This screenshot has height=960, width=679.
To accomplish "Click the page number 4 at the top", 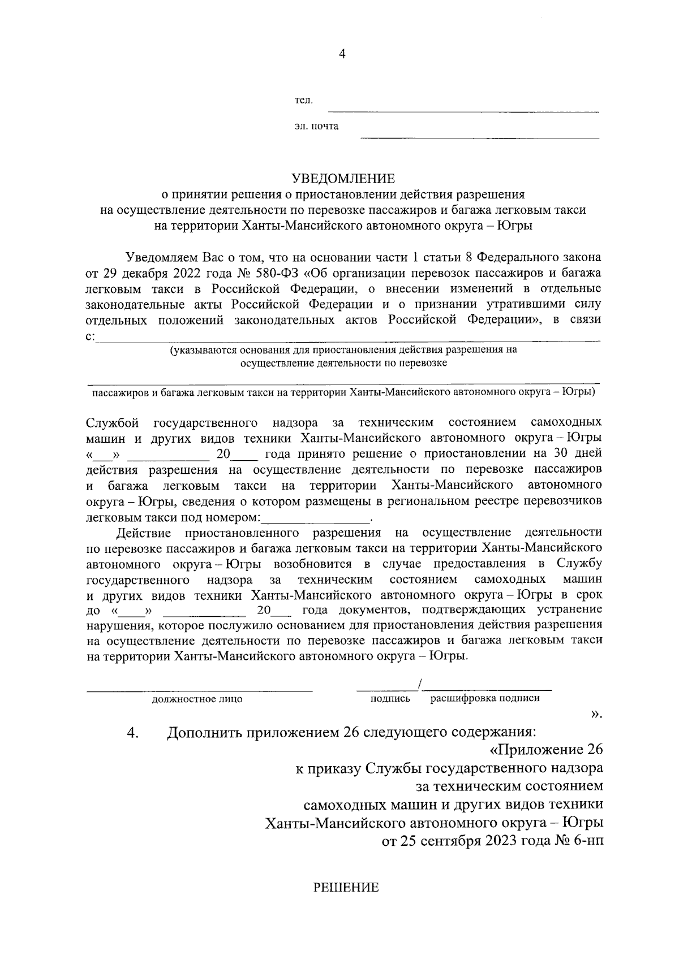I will (x=341, y=54).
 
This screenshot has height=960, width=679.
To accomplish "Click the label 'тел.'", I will (x=303, y=101).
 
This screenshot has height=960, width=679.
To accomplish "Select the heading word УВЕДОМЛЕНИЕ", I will (x=343, y=179).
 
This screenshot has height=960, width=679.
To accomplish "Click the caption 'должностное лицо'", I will (x=197, y=699).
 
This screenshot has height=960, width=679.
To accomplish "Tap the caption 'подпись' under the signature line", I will (x=390, y=698).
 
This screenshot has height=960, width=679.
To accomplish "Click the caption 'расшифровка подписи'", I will (x=485, y=698).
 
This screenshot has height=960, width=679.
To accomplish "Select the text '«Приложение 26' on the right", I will (x=545, y=751).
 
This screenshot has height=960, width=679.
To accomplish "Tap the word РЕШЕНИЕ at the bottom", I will (x=346, y=888).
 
